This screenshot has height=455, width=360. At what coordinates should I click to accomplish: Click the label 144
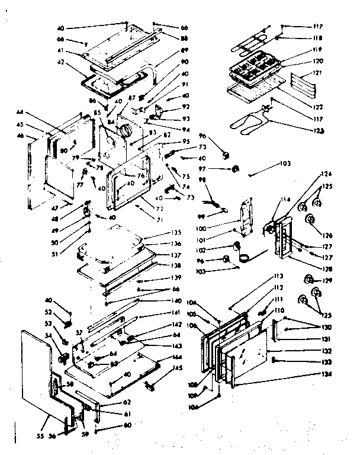click(177, 357)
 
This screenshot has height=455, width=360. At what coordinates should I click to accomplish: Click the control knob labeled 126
click(308, 220)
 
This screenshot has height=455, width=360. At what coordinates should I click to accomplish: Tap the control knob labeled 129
click(308, 278)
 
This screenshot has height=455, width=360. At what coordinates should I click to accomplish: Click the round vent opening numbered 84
click(126, 132)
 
